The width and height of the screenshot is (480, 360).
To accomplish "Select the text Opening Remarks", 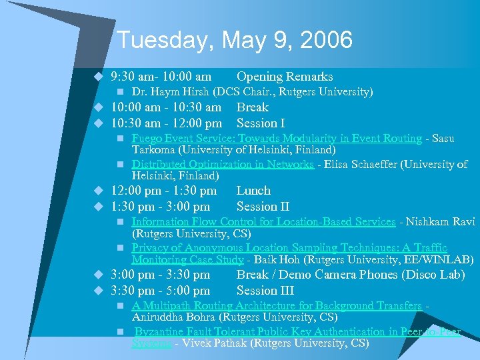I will pos(285,77).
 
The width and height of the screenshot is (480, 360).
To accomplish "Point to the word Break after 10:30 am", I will pos(253,107).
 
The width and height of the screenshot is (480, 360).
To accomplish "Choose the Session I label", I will pos(261,123).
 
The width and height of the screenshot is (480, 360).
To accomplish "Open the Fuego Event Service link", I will pos(277,139).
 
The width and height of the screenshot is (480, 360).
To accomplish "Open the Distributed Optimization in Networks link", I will pos(223,164).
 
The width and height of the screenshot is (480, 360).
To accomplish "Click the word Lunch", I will pos(253,191).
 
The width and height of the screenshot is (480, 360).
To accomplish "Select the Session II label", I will pos(263,207).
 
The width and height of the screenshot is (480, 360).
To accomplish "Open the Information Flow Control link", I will pos(263,221).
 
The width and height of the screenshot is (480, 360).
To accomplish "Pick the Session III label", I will pos(265,291).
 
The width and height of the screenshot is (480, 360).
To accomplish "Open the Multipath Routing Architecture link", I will pos(277,306).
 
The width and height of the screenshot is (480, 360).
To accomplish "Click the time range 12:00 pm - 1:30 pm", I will pos(163,191).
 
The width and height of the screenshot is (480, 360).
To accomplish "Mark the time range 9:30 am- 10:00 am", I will pos(161,77).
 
